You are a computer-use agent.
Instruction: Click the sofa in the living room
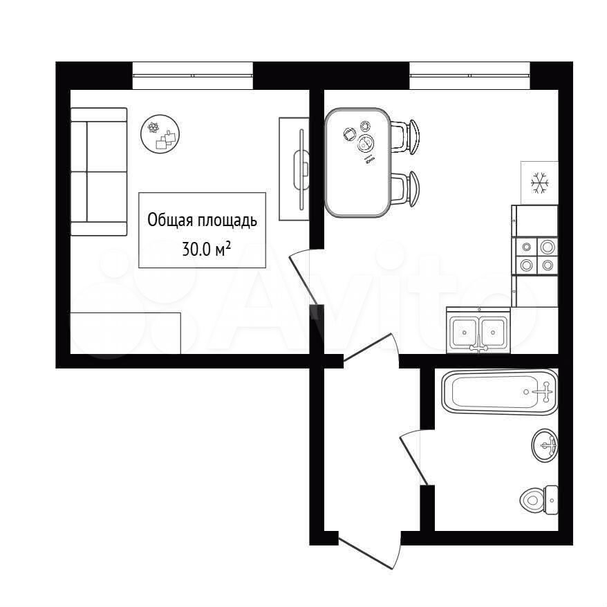click(x=99, y=171)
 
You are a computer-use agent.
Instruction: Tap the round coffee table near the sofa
click(x=160, y=134)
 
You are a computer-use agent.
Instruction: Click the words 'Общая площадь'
click(x=202, y=221)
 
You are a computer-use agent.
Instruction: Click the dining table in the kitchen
click(x=357, y=162)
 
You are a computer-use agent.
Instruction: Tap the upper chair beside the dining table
click(x=405, y=137)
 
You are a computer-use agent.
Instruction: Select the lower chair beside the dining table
click(x=405, y=189)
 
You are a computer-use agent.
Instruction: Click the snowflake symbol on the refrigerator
click(x=540, y=183)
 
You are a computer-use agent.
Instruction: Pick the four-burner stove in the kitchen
click(x=534, y=256)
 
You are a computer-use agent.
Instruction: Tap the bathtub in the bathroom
click(x=500, y=392)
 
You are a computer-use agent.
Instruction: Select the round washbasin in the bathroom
click(x=545, y=445)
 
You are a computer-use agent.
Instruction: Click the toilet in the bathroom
click(x=539, y=499)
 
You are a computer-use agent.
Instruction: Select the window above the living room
click(x=193, y=75)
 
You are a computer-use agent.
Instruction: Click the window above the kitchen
click(x=469, y=75)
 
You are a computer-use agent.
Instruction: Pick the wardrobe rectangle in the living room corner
click(x=125, y=333)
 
